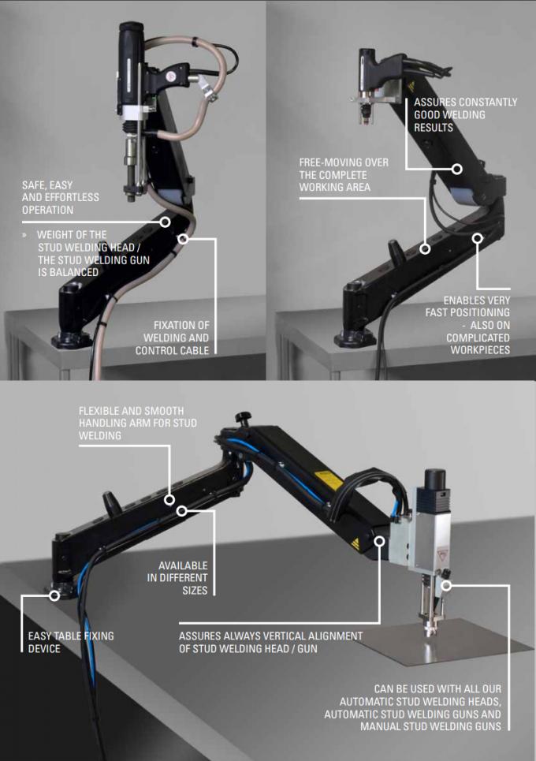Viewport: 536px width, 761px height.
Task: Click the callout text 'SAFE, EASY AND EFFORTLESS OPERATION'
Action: click(x=58, y=198)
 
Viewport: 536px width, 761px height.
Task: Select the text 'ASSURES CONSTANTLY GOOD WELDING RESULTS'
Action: click(x=465, y=114)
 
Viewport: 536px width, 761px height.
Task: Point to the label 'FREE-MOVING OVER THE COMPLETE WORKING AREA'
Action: click(x=344, y=174)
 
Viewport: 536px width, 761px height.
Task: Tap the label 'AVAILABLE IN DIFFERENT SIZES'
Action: click(x=183, y=577)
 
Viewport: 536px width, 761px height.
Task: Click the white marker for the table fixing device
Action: click(x=54, y=595)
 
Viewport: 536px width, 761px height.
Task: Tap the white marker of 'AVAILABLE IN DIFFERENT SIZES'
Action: click(x=182, y=511)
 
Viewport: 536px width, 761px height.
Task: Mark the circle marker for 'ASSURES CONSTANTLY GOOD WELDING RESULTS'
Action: click(x=457, y=169)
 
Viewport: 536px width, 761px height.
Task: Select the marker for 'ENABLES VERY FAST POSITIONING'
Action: click(x=478, y=236)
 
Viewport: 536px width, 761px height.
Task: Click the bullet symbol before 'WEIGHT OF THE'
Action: click(x=25, y=235)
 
